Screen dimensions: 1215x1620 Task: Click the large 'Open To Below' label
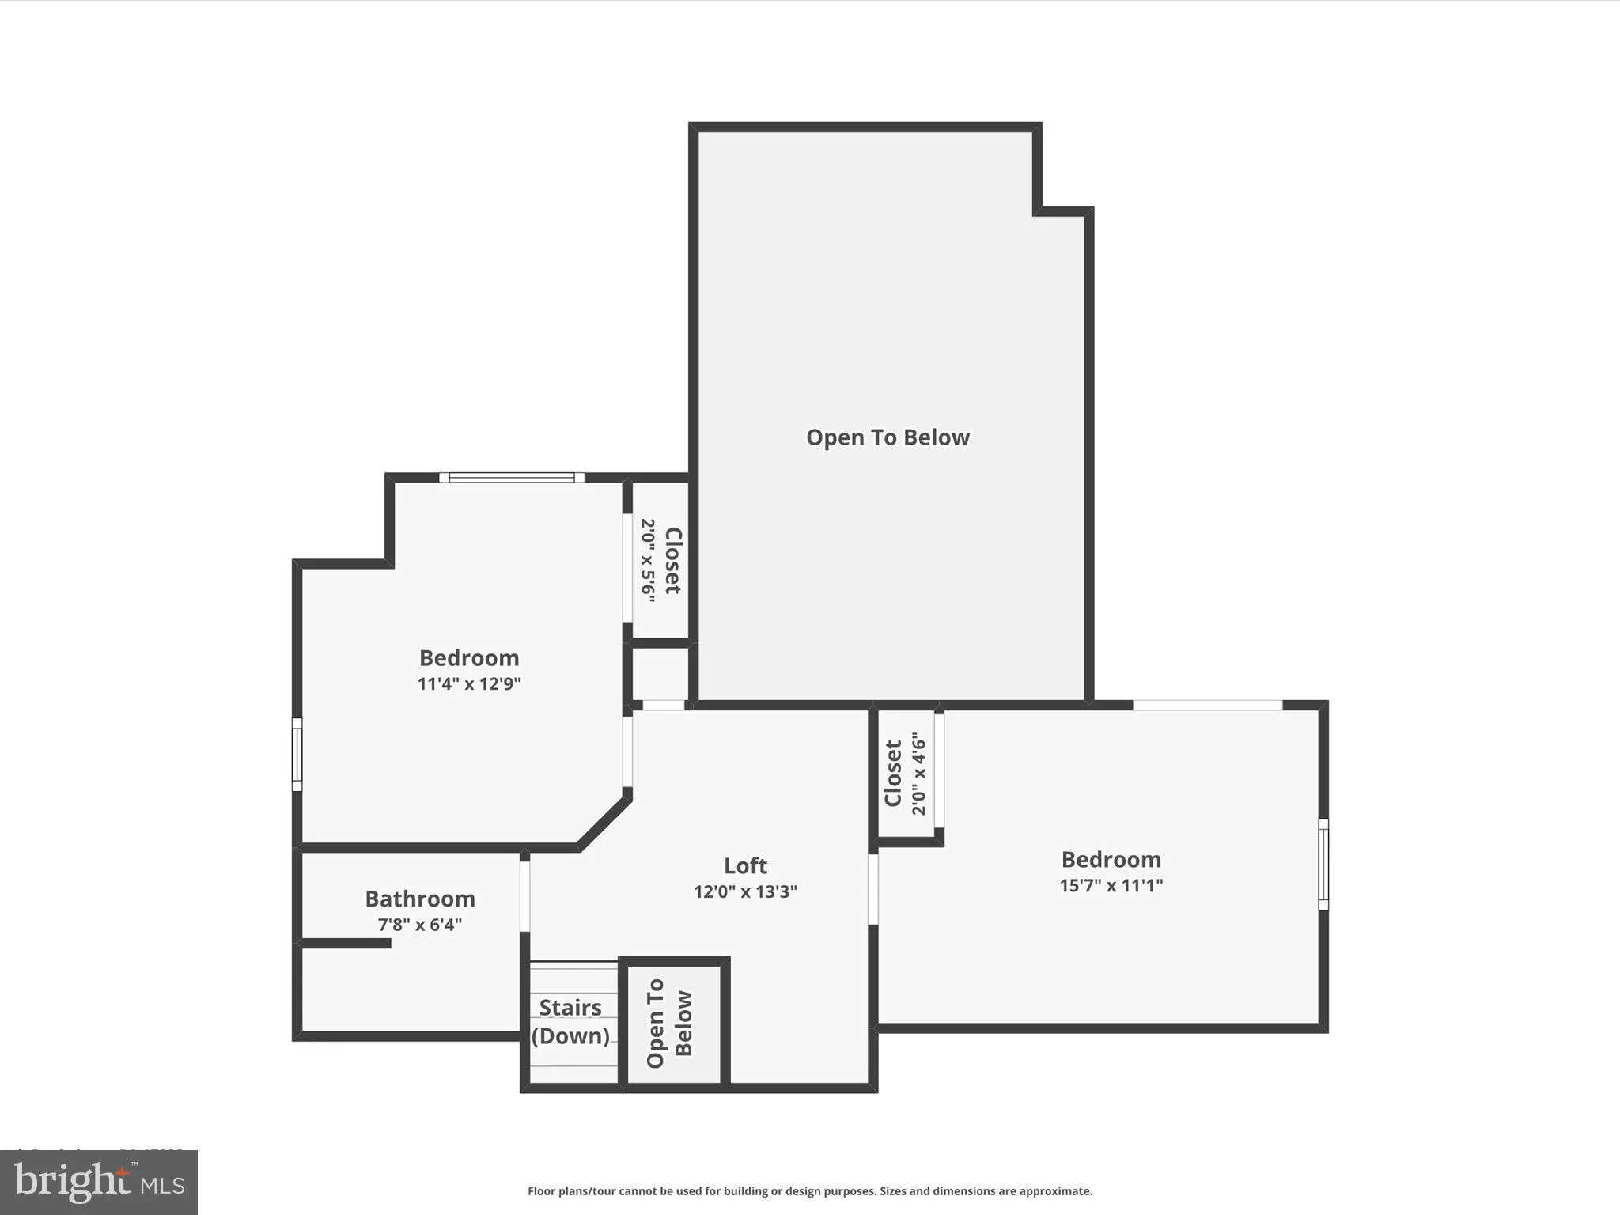pyautogui.click(x=888, y=437)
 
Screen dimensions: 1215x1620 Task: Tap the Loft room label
pyautogui.click(x=745, y=865)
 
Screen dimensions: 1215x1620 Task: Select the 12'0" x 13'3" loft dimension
pyautogui.click(x=745, y=891)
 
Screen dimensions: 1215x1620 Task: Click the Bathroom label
pyautogui.click(x=419, y=899)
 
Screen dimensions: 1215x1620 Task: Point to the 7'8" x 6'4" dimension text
pyautogui.click(x=419, y=925)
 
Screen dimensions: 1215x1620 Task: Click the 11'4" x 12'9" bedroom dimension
pyautogui.click(x=469, y=683)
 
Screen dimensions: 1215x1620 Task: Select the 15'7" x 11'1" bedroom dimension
pyautogui.click(x=1111, y=885)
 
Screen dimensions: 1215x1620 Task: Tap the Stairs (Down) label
pyautogui.click(x=570, y=1021)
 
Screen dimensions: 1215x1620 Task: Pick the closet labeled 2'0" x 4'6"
pyautogui.click(x=906, y=774)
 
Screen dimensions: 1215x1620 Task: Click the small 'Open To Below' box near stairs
pyautogui.click(x=674, y=1024)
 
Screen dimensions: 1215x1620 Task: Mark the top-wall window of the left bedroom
pyautogui.click(x=512, y=478)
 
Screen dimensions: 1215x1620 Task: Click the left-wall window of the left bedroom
pyautogui.click(x=297, y=754)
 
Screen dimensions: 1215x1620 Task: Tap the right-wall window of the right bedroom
pyautogui.click(x=1323, y=864)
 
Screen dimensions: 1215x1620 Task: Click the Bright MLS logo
pyautogui.click(x=98, y=1182)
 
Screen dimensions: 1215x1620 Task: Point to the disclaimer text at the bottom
pyautogui.click(x=809, y=1191)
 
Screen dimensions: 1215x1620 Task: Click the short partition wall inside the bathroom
pyautogui.click(x=346, y=943)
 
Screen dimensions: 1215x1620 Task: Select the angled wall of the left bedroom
pyautogui.click(x=604, y=823)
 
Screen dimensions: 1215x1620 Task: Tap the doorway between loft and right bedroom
pyautogui.click(x=872, y=888)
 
